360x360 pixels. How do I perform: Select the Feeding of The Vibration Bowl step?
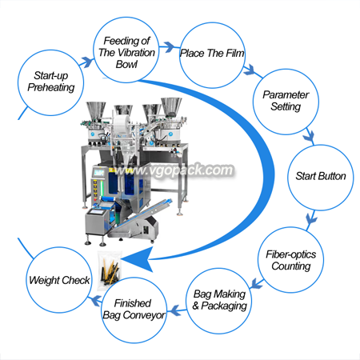(126, 50)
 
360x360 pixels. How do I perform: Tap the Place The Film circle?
(212, 55)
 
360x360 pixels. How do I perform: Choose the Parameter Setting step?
(286, 102)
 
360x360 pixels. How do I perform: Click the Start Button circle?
(321, 178)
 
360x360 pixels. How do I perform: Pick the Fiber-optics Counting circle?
(291, 260)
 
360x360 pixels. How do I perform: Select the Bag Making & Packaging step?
(218, 301)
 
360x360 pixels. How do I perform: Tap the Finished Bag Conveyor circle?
(134, 310)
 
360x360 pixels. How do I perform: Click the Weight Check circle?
(59, 280)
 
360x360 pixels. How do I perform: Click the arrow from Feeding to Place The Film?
(169, 47)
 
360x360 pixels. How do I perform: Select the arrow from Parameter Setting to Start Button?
(310, 137)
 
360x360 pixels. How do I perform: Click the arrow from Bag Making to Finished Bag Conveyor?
(177, 310)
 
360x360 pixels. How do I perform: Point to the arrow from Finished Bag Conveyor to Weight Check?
(95, 300)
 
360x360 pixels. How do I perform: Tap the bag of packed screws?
(110, 270)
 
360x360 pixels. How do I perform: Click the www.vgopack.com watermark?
(174, 170)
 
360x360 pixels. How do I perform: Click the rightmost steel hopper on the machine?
(171, 106)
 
